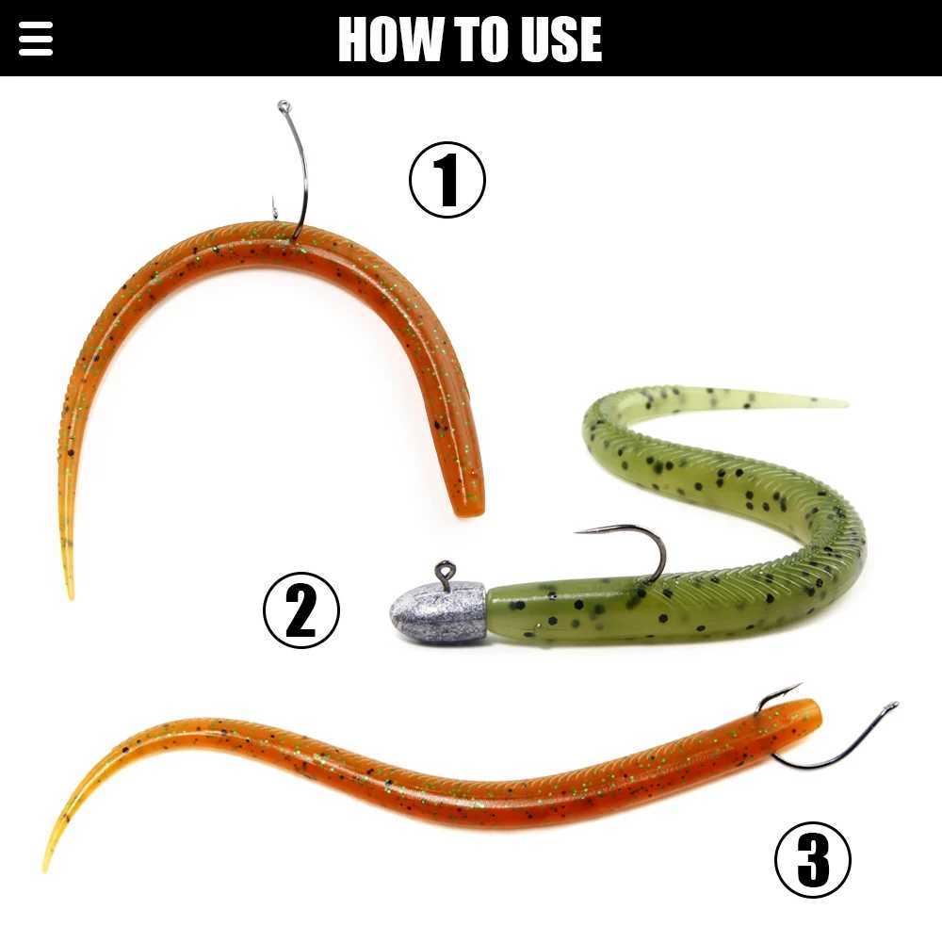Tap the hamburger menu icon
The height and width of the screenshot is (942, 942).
pos(36,39)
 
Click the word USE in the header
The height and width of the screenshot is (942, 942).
pos(560,39)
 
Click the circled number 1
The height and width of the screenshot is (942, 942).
pos(447,180)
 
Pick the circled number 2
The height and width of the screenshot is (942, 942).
pos(301,610)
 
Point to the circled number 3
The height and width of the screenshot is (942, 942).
pos(812,860)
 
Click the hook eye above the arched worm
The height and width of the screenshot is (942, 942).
pos(284,107)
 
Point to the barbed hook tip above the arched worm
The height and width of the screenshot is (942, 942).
pos(274,207)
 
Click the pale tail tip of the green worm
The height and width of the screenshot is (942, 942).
pos(841,403)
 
